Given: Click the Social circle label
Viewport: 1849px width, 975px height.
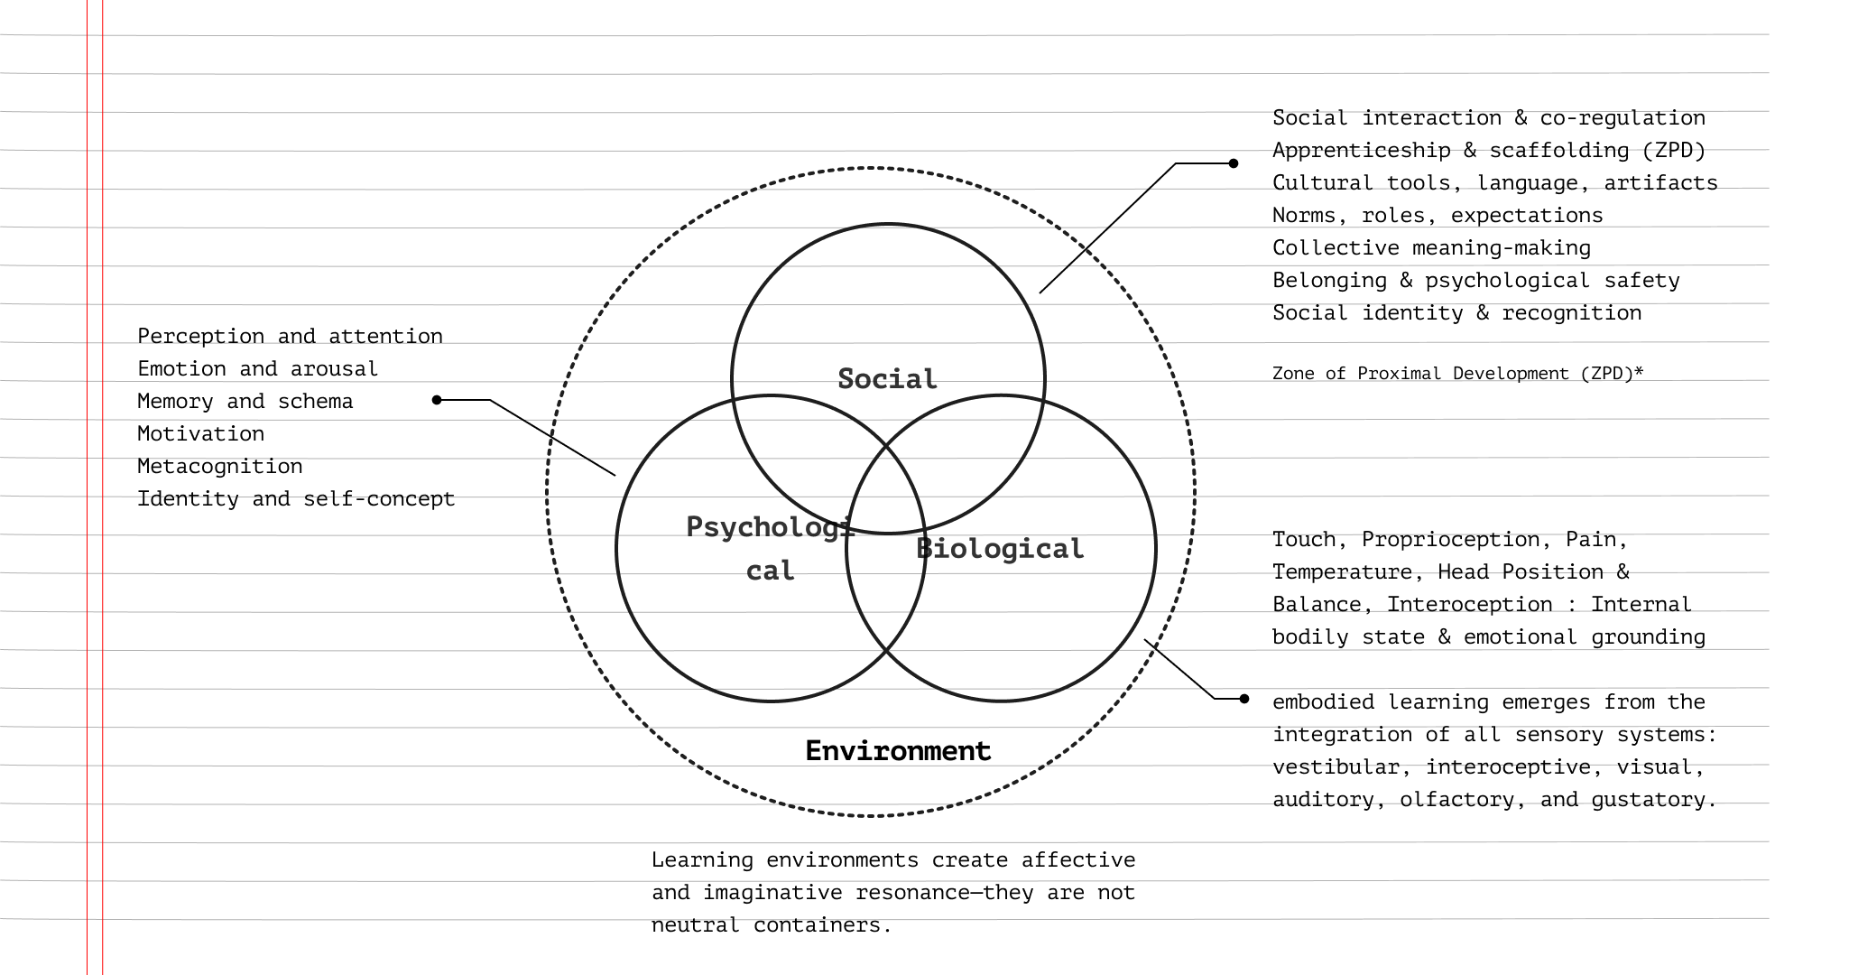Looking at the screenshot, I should pos(887,379).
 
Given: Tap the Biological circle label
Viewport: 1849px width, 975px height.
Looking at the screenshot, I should pos(1000,549).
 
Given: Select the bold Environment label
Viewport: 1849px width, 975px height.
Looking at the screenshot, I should pos(898,751).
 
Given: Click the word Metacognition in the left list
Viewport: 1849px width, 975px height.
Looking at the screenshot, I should pos(219,467).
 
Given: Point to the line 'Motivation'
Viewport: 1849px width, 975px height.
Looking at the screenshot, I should pos(200,434).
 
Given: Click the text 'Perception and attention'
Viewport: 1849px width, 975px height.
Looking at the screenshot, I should pos(290,337).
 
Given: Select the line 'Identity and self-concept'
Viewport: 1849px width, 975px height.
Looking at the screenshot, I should pos(296,499).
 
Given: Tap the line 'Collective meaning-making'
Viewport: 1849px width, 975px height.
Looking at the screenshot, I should pos(1431,248).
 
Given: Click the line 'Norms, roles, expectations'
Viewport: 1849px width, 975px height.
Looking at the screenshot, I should pos(1438,216).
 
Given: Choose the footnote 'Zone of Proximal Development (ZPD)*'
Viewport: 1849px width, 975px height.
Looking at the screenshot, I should pos(1457,374).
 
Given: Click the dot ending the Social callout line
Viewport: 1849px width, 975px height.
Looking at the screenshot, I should pos(1234,163).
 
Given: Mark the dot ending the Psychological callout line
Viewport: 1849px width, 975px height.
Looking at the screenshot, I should pos(437,400).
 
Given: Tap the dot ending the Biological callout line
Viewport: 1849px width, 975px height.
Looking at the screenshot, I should pos(1244,699).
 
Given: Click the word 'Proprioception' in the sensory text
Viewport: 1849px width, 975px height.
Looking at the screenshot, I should pos(1450,540).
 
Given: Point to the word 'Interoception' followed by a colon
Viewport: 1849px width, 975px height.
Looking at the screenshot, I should pos(1469,605).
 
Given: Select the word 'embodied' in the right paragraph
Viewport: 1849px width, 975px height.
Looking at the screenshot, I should pos(1323,702).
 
